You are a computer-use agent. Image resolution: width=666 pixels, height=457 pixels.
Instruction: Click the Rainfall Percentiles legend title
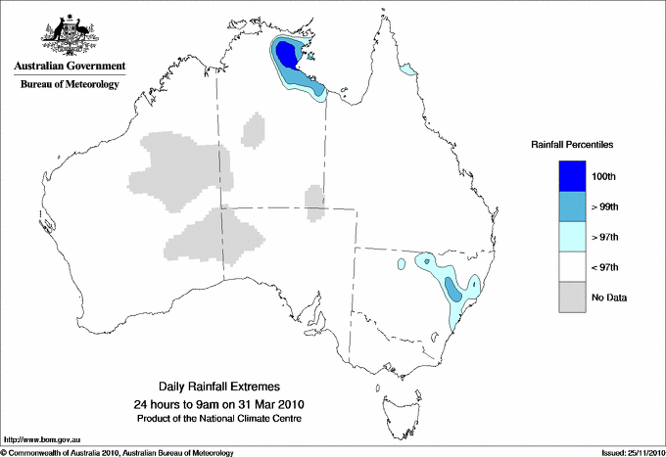pyautogui.click(x=572, y=145)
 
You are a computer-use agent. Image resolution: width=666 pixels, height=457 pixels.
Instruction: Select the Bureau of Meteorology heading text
pyautogui.click(x=69, y=85)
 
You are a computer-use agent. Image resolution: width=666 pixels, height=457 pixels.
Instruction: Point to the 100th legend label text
pyautogui.click(x=604, y=176)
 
